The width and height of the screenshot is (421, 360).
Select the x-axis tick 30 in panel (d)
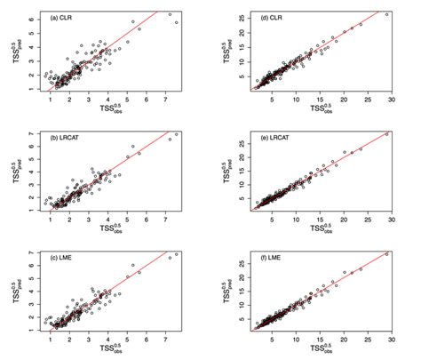tap(392, 99)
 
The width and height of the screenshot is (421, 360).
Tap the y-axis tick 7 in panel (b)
tap(31, 133)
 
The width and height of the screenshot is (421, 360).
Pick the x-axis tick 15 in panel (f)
tap(320, 340)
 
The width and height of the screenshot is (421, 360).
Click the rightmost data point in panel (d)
tap(387, 14)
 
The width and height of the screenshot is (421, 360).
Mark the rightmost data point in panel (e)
tap(386, 134)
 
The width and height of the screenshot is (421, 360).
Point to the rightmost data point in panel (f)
tap(386, 255)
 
